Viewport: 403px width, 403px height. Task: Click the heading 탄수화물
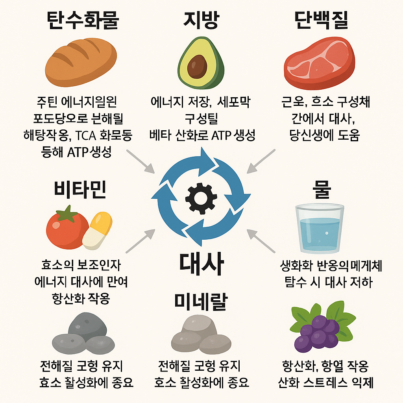point(82,21)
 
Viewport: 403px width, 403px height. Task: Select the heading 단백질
point(321,21)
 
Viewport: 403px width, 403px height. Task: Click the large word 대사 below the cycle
point(201,263)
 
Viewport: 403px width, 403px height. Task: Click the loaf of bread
point(81,61)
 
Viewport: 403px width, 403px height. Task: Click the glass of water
point(320,228)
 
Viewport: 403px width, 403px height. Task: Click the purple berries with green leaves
point(317,329)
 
